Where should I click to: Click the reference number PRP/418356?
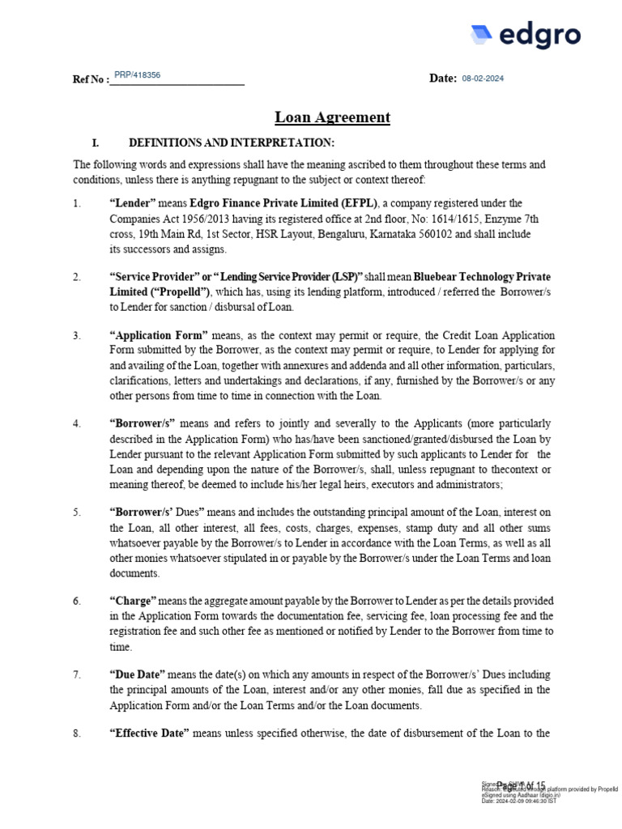point(137,74)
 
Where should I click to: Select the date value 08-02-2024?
point(483,78)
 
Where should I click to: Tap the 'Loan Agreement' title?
point(332,117)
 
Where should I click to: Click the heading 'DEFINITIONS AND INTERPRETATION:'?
point(232,143)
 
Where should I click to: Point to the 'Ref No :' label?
point(91,79)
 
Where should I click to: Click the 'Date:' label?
point(443,78)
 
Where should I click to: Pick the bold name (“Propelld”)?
point(160,292)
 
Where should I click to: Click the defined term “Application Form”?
point(159,335)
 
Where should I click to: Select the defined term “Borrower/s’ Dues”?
point(157,512)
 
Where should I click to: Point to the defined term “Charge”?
point(133,601)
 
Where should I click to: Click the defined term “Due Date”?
point(138,674)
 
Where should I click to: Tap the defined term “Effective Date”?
point(149,733)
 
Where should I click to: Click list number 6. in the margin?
point(77,601)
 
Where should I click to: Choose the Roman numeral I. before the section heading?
point(96,143)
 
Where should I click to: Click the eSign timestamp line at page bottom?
point(518,801)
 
